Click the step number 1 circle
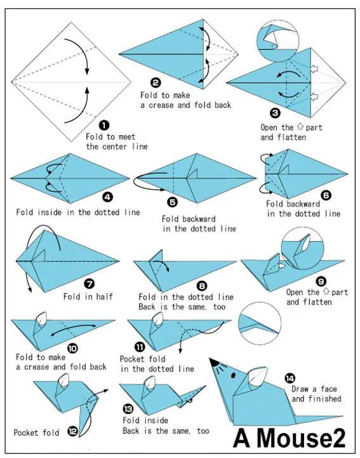(104, 126)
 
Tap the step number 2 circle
(156, 83)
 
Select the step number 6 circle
(326, 195)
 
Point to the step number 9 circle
(321, 281)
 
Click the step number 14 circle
(290, 379)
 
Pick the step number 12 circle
(72, 431)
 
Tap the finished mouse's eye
(234, 374)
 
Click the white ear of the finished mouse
(258, 377)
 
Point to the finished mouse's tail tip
(342, 415)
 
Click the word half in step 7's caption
(103, 296)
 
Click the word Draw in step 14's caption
(300, 389)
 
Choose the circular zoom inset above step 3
(278, 41)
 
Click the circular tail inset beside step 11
(260, 324)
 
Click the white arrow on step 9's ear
(282, 266)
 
